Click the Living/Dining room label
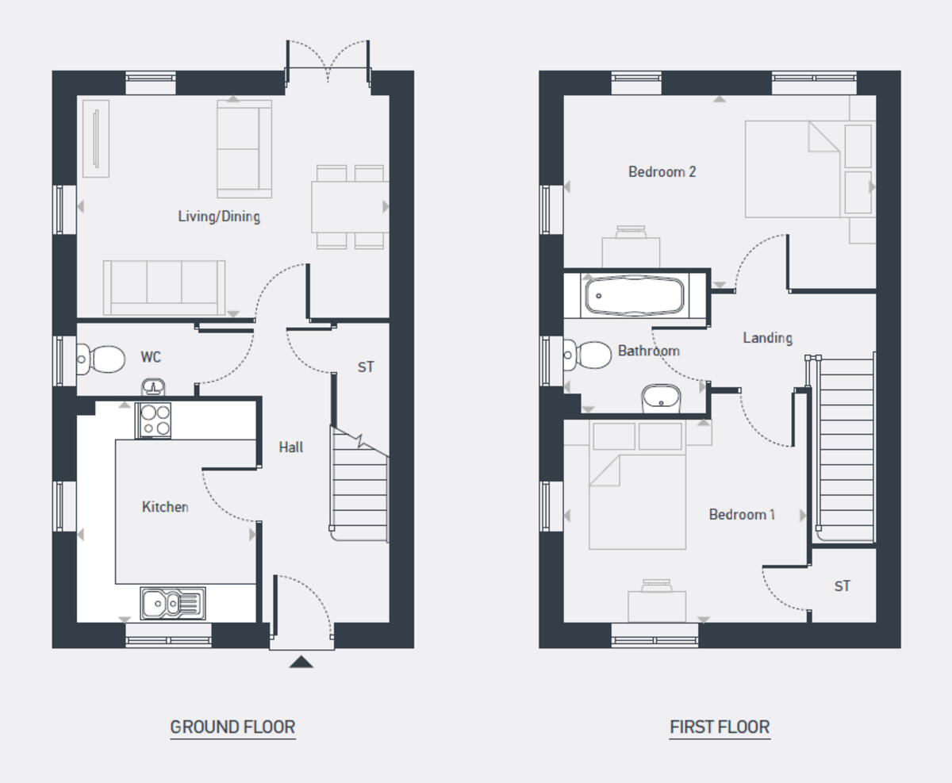[219, 216]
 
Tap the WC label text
[151, 357]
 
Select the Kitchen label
[165, 507]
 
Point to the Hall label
[291, 447]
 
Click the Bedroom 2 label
[662, 171]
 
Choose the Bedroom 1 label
[742, 515]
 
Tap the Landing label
[767, 338]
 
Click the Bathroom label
[648, 351]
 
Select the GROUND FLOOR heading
[232, 727]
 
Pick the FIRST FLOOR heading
[720, 727]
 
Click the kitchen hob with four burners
[153, 420]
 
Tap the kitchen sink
[172, 604]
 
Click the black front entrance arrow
[301, 662]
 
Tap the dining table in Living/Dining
[349, 206]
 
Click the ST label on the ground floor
[365, 367]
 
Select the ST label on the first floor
[842, 586]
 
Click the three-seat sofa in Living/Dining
[164, 286]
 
